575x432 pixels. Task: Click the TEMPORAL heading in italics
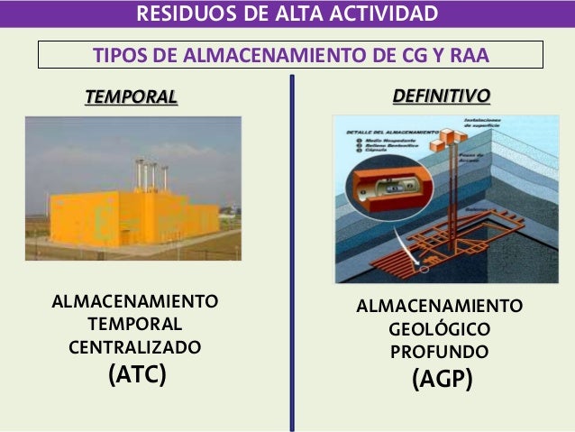tap(132, 97)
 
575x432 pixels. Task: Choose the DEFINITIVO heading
tap(442, 95)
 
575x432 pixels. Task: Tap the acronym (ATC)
tap(137, 373)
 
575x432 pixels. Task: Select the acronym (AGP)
tap(442, 380)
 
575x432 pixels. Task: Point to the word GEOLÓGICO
tap(440, 328)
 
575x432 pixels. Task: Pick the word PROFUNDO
tap(440, 350)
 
